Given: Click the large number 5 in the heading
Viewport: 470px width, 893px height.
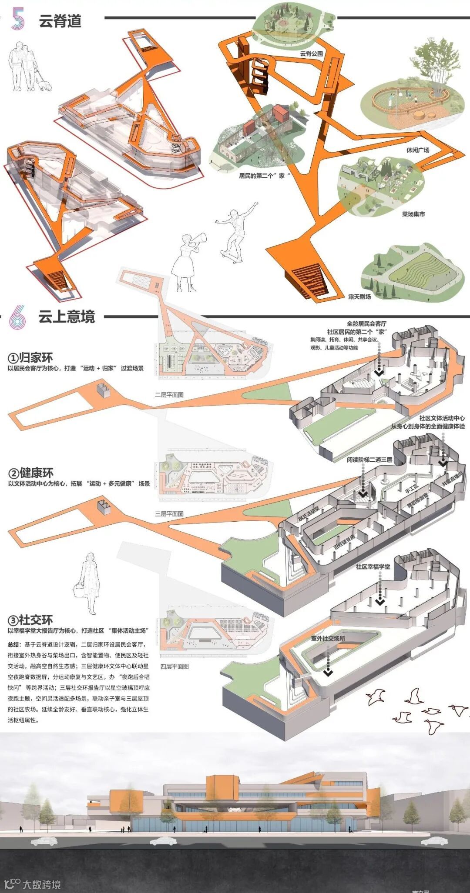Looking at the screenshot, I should point(18,19).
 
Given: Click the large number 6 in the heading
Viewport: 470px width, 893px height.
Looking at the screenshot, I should point(17,317).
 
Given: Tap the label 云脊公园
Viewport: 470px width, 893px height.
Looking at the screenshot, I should point(311,53).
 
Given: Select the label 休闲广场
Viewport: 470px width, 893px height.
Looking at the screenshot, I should point(417,150).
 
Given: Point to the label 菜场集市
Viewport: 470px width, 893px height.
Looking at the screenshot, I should point(413,214).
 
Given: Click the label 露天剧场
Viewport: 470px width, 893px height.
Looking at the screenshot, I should point(359,297).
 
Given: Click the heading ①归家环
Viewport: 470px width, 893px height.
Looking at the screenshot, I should point(30,358).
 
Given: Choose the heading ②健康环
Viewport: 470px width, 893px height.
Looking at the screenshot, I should point(30,473).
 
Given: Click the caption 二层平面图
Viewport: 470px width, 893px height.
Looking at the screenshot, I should point(169,395).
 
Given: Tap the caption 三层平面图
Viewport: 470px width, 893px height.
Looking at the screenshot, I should point(169,513).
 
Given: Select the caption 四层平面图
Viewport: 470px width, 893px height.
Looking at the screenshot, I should point(174,666).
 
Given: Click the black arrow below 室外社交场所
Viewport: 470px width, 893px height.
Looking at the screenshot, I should point(328,672).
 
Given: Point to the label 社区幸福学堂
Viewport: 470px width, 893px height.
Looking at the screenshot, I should point(373,567).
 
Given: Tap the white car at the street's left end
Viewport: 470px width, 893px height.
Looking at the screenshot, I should point(44,842).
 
